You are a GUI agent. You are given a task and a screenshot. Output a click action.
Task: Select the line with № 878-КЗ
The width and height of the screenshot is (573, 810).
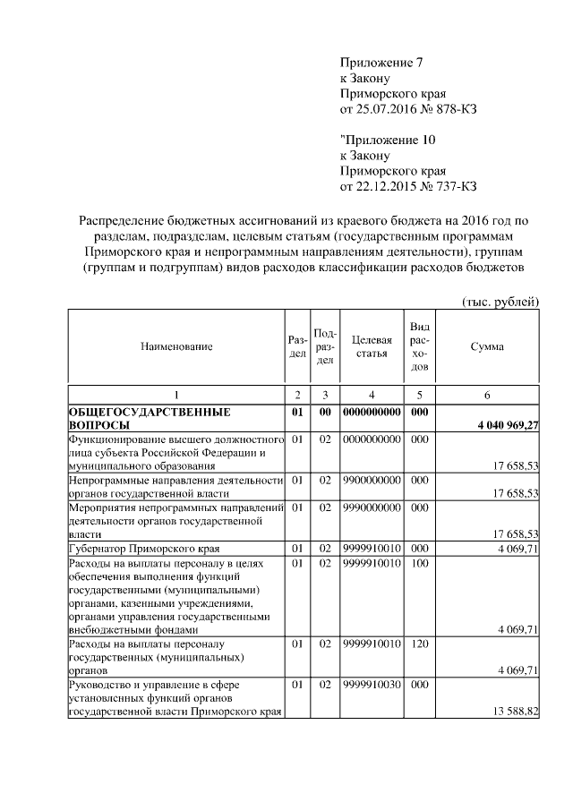click(408, 110)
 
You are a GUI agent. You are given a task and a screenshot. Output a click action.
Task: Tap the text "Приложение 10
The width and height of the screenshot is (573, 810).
click(388, 140)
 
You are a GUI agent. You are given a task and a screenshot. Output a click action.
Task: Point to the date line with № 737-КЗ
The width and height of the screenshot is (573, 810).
click(408, 187)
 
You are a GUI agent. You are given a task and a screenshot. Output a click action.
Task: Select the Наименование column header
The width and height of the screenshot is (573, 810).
click(176, 346)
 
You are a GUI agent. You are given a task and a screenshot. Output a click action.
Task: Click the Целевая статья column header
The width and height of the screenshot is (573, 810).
click(372, 346)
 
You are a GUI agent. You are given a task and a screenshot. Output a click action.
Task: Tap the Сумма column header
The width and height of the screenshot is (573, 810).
click(486, 346)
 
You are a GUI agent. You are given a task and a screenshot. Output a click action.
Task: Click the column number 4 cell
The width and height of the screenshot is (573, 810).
click(372, 395)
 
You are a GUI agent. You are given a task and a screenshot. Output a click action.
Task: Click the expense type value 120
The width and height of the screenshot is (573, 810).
click(418, 644)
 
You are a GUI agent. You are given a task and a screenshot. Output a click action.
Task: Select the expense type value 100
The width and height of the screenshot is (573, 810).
click(418, 564)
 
